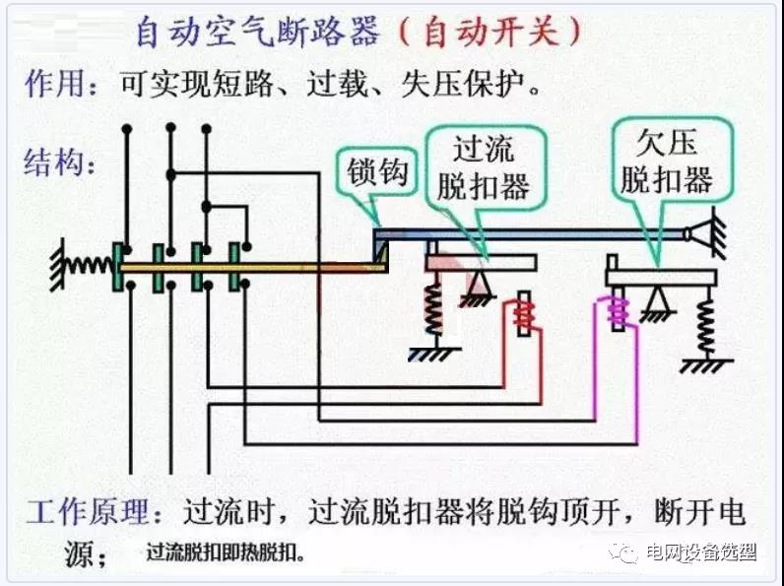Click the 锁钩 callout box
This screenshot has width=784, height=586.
click(x=376, y=173)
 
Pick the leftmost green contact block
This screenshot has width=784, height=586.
click(x=120, y=266)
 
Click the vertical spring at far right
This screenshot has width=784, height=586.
click(x=705, y=325)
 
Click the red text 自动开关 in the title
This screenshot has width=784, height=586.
click(x=489, y=33)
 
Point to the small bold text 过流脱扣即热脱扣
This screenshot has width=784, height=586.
click(x=224, y=554)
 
